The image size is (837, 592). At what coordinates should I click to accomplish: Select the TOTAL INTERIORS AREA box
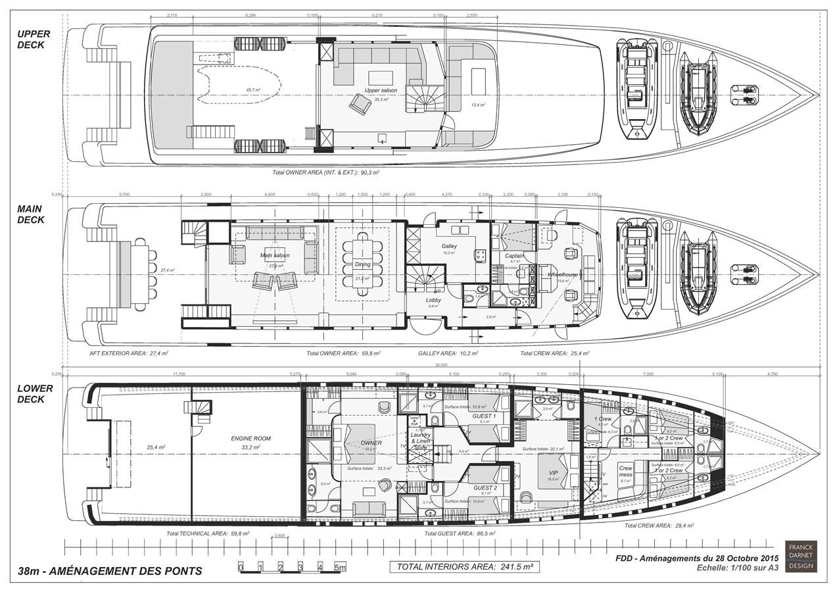tap(464, 566)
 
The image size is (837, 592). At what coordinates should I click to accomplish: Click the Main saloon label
tap(275, 255)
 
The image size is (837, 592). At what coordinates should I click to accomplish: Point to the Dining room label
tap(363, 264)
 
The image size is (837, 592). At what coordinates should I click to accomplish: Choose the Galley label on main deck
tap(449, 246)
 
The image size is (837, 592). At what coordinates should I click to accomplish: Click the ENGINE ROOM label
tap(251, 438)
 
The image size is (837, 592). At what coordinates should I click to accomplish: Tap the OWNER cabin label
tap(371, 443)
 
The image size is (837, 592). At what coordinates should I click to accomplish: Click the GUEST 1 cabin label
tap(485, 416)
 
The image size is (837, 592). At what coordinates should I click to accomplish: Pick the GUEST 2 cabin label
tap(485, 487)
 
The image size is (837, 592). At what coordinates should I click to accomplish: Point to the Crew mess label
tap(625, 472)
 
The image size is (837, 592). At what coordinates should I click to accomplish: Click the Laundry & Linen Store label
tap(420, 441)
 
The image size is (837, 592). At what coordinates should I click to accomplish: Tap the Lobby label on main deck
tap(433, 300)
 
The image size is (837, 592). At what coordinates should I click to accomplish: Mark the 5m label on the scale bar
tap(340, 567)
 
